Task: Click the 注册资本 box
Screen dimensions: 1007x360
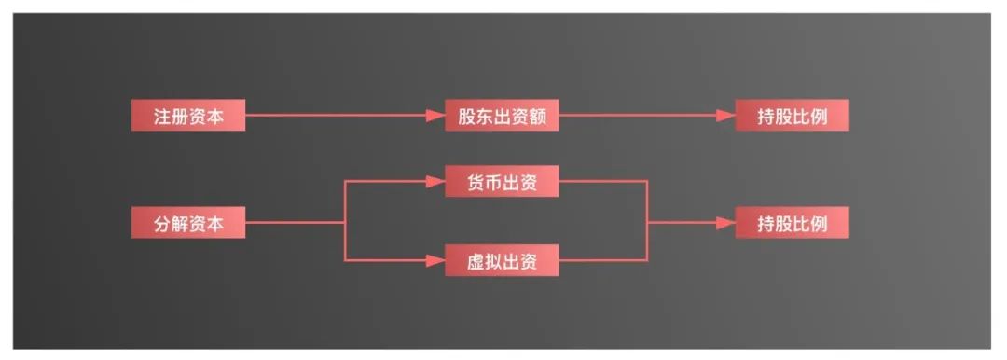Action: pos(187,116)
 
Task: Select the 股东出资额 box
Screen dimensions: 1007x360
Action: pos(502,116)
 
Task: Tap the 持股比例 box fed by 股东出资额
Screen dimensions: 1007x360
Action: pos(792,116)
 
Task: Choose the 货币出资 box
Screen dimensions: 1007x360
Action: pos(502,182)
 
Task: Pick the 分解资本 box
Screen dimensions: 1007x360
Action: pos(187,224)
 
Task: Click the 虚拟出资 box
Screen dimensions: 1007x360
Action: pos(502,261)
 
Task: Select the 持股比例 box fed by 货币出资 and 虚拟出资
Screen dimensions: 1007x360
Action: pos(792,224)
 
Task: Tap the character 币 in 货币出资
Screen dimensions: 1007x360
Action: pos(491,182)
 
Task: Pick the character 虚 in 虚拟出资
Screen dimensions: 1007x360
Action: pos(476,261)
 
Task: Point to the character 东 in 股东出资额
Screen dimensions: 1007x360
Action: pos(485,116)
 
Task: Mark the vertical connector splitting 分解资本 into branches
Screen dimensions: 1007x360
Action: pos(345,222)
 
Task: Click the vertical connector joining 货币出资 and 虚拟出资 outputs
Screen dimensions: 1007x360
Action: pos(647,222)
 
